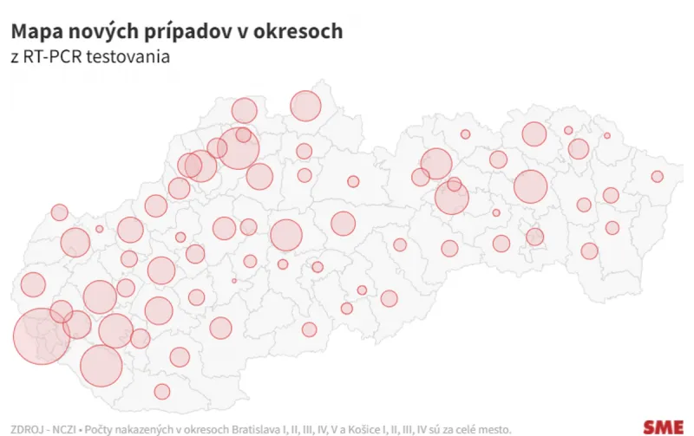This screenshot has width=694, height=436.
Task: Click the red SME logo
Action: (x=663, y=426)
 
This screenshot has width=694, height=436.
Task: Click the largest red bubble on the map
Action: (x=41, y=335)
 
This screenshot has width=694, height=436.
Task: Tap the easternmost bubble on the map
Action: (x=657, y=177)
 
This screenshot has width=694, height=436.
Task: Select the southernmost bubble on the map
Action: (x=161, y=391)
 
